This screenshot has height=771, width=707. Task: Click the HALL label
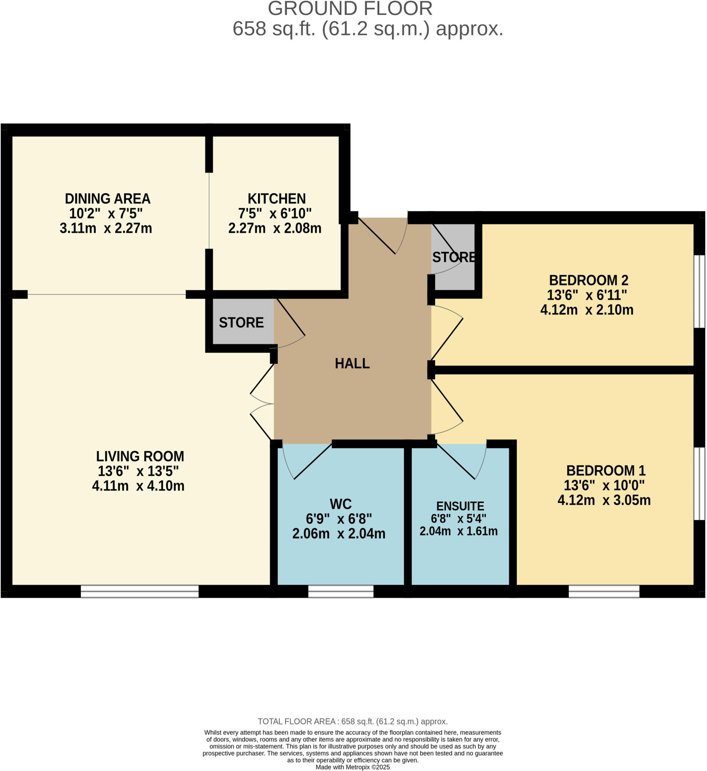(x=352, y=363)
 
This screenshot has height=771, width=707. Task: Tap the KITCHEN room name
(x=276, y=199)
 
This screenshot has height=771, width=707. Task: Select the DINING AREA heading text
(x=107, y=199)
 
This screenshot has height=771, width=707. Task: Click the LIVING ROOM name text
(x=140, y=457)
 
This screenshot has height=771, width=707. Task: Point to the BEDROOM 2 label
(x=588, y=280)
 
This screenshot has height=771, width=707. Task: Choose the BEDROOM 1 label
(x=606, y=471)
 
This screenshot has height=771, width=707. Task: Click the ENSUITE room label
(x=460, y=506)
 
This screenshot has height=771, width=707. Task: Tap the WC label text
(x=341, y=504)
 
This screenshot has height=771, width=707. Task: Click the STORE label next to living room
(x=241, y=323)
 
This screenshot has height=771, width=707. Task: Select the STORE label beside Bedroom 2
(x=454, y=258)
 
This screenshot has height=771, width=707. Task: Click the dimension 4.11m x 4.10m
(x=138, y=486)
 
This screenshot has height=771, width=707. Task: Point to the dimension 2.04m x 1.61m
(x=458, y=531)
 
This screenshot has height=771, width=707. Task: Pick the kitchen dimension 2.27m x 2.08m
(x=275, y=228)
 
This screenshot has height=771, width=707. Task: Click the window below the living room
(x=140, y=592)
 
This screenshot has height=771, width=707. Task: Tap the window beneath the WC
(x=341, y=592)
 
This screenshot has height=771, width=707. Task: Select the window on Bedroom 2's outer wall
(x=699, y=291)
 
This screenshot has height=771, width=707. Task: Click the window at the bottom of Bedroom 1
(x=604, y=592)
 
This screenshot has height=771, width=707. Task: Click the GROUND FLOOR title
(x=350, y=8)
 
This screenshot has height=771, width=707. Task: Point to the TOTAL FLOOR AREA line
(x=352, y=722)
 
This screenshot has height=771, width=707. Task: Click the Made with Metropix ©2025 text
(x=352, y=767)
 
